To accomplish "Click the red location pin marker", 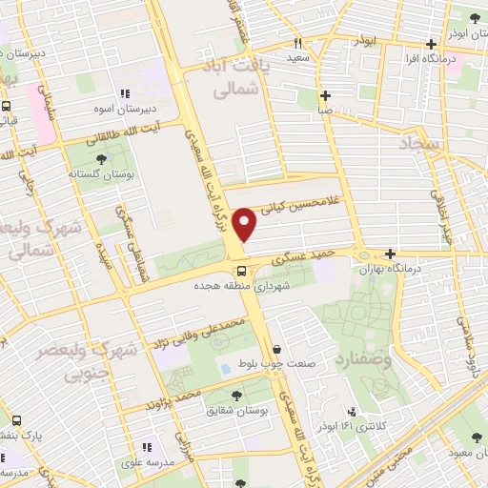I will click(x=245, y=226).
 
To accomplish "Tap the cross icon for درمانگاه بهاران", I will click(x=391, y=254).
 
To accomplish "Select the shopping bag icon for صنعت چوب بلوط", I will click(x=276, y=350).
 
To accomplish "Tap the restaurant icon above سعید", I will click(x=297, y=43).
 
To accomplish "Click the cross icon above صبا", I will click(x=326, y=95).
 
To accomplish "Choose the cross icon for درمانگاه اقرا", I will click(x=434, y=44).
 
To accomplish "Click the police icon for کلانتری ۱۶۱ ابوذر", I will click(x=352, y=412).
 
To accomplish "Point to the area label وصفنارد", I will click(x=361, y=361).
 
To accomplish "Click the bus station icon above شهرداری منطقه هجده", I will click(x=239, y=271).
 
